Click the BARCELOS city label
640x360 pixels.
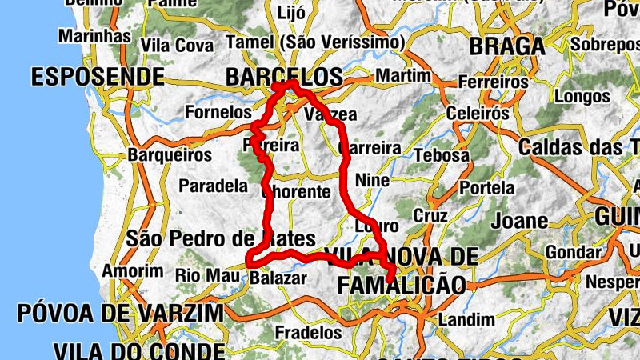(x=284, y=77)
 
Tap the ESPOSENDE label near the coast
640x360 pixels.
(x=98, y=77)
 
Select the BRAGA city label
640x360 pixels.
(x=507, y=46)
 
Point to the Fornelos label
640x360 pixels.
(x=218, y=113)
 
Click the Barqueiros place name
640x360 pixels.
(x=170, y=154)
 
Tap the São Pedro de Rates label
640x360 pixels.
(x=220, y=238)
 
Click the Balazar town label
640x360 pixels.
(x=278, y=278)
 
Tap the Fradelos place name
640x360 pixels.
(x=308, y=332)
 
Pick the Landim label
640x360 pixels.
(x=467, y=320)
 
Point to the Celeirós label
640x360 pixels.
(x=478, y=114)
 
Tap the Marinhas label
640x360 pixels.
(x=94, y=36)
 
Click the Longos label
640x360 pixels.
(x=582, y=97)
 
